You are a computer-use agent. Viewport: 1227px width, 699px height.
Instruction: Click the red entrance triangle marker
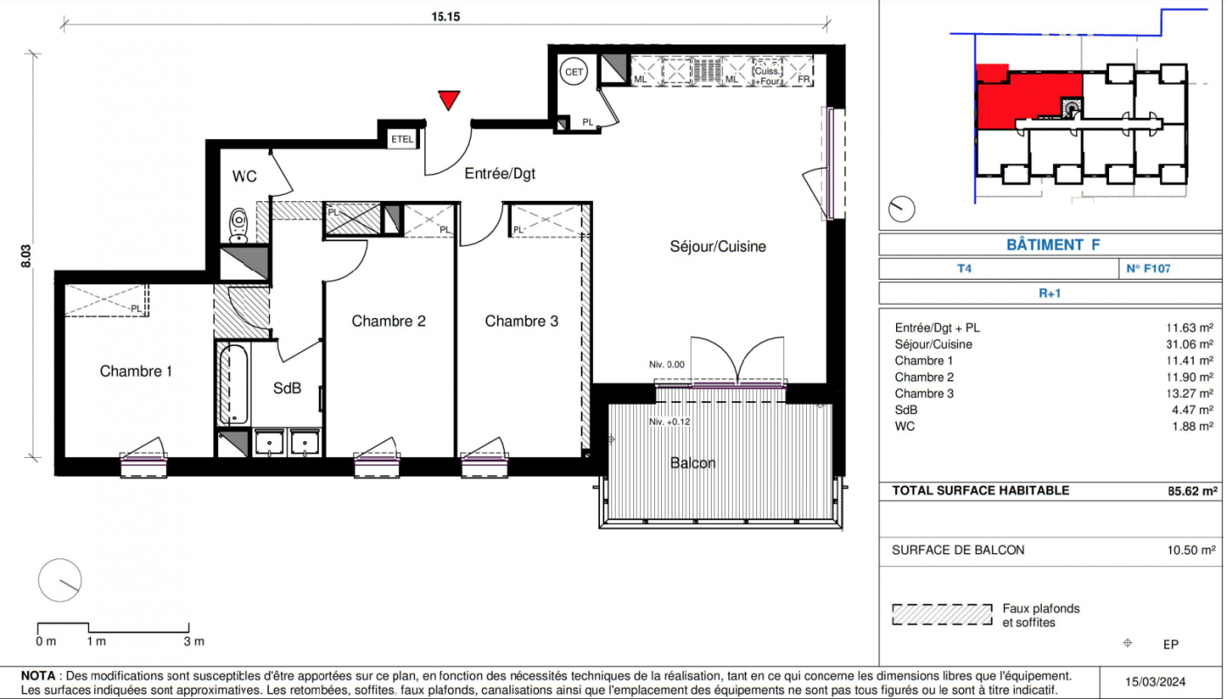[449, 100]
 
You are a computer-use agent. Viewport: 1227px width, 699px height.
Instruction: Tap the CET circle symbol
[574, 72]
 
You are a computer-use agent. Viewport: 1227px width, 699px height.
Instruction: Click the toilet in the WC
[238, 225]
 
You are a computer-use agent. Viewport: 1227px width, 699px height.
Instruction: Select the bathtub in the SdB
[233, 384]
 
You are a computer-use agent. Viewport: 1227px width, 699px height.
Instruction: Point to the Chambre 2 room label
[389, 321]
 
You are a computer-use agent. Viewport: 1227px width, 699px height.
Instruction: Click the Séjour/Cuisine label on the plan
[718, 246]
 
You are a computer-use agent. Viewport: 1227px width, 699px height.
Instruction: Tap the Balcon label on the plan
[693, 463]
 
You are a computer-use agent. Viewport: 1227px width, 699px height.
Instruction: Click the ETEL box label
[402, 139]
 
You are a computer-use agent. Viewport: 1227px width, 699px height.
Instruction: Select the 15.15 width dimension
[445, 17]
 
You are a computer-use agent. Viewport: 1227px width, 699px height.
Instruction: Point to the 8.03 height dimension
[25, 256]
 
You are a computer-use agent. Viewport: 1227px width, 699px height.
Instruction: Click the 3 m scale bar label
[194, 640]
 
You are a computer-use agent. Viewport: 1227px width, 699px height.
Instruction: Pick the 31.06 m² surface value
[1189, 344]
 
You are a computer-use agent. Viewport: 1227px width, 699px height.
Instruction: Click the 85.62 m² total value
[1192, 491]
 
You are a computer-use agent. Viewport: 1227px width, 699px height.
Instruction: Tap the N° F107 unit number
[1148, 268]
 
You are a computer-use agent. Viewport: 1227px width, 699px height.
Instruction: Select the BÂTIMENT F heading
[1053, 245]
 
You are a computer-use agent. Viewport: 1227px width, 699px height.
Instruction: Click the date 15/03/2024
[1155, 682]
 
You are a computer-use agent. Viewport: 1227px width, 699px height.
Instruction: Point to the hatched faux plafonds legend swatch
[941, 614]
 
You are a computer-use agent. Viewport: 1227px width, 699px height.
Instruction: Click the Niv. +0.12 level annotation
[669, 422]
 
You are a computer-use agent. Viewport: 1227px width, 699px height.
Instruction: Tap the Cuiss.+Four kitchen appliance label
[768, 76]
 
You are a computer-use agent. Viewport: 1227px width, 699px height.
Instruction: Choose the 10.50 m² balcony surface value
[1191, 550]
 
